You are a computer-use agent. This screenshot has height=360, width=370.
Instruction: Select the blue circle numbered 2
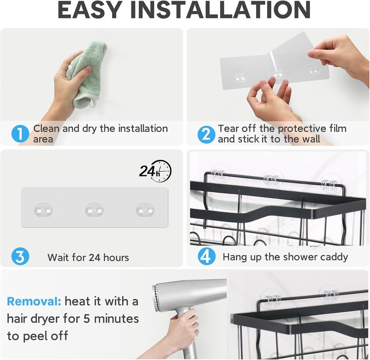pos(206,134)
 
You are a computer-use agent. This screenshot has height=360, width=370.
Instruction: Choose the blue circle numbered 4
pos(206,257)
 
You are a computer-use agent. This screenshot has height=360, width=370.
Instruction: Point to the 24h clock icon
pos(155,170)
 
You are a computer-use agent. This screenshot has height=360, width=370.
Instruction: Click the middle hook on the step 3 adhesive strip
pos(94,210)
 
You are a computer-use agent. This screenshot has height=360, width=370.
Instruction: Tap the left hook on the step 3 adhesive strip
pos(44,210)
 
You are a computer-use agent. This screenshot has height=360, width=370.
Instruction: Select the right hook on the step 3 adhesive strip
pos(145,210)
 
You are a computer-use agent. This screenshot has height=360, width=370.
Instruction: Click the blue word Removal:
pos(34,301)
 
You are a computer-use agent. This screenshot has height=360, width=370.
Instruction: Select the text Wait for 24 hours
pos(88,257)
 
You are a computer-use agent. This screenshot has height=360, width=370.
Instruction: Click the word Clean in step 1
pos(46,129)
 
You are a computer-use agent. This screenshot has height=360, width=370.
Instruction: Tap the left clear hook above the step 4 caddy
pos(220,173)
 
